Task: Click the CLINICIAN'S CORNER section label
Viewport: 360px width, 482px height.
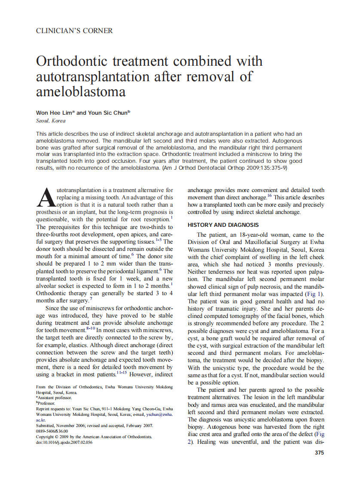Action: (74, 31)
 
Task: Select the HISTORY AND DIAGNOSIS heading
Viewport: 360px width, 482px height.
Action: (223, 225)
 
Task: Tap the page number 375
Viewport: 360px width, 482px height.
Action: (319, 452)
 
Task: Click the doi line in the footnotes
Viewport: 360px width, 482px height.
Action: (64, 442)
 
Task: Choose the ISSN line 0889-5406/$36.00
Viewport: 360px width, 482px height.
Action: (52, 431)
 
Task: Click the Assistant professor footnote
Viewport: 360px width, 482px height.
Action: (55, 398)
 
